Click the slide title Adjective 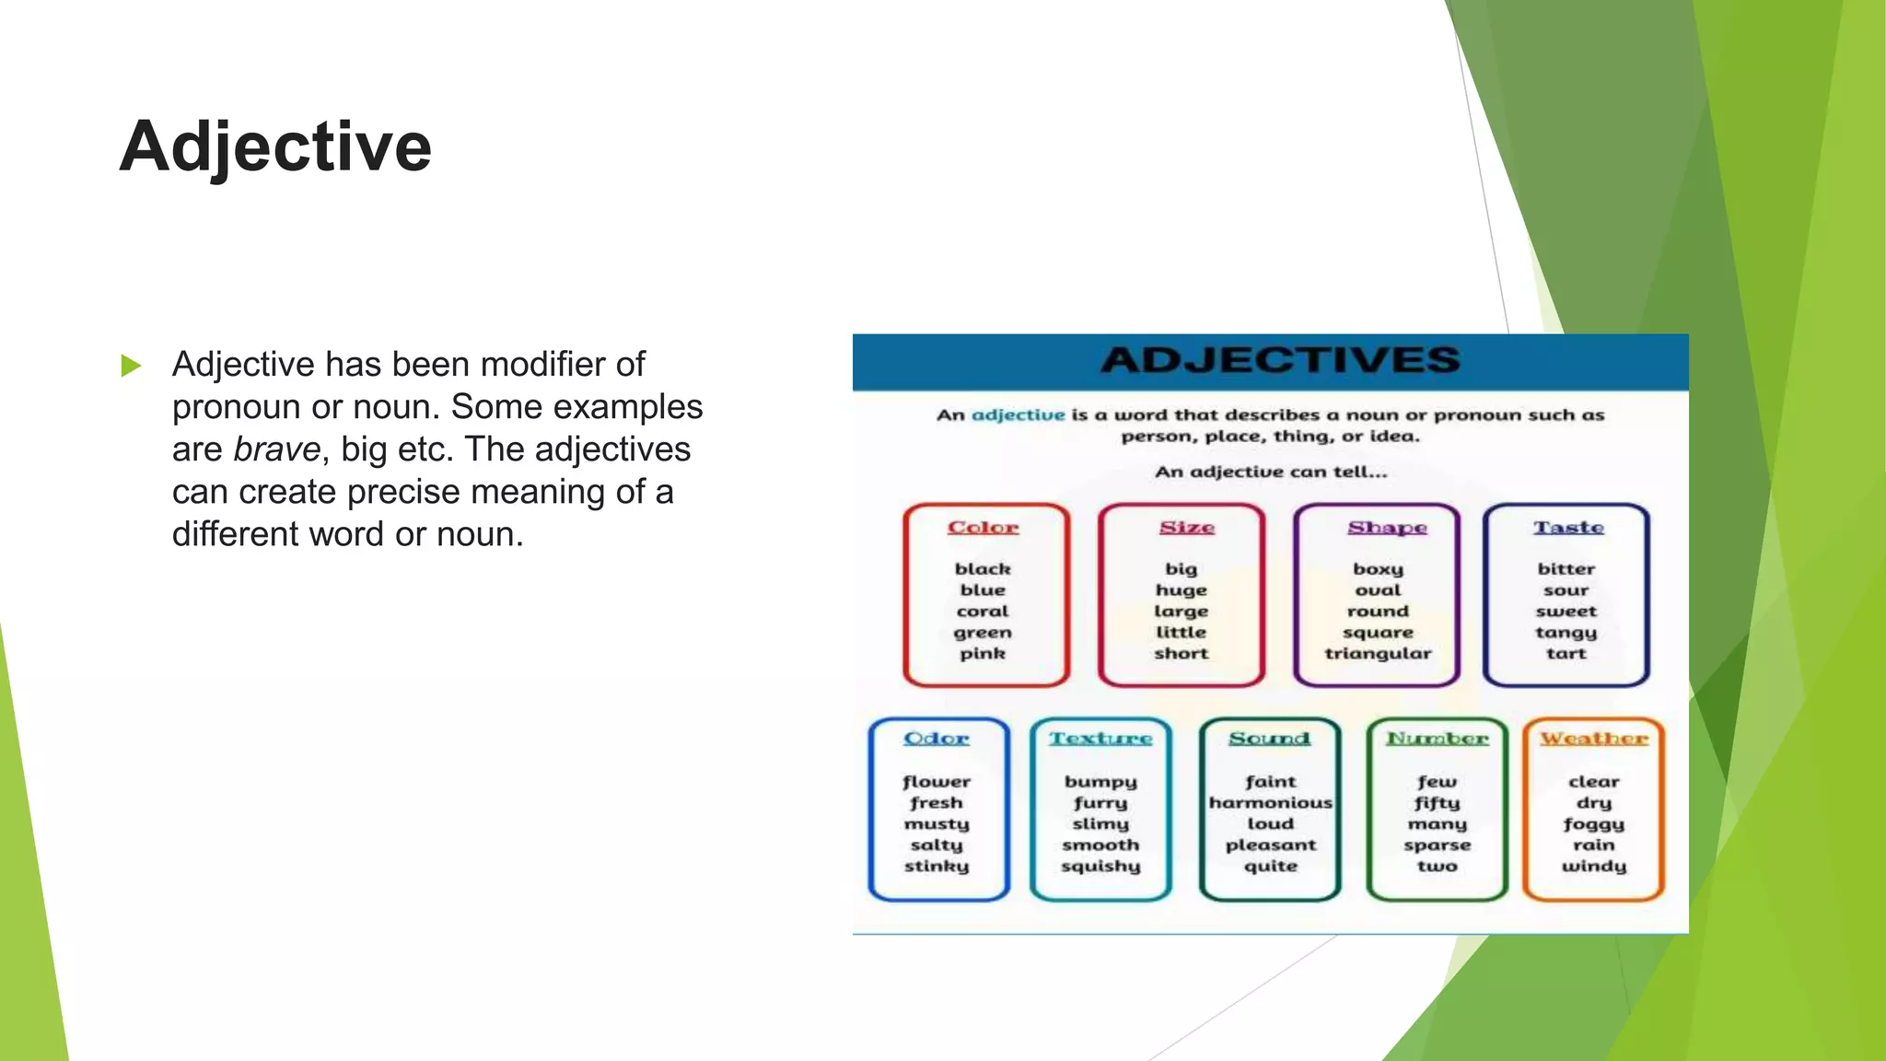pyautogui.click(x=275, y=147)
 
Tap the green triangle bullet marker pyautogui.click(x=131, y=366)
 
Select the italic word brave pyautogui.click(x=276, y=449)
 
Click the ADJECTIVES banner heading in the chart pyautogui.click(x=1280, y=360)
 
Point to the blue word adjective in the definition pyautogui.click(x=1018, y=415)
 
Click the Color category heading pyautogui.click(x=983, y=528)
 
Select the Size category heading pyautogui.click(x=1186, y=528)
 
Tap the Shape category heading pyautogui.click(x=1387, y=528)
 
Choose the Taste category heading pyautogui.click(x=1568, y=528)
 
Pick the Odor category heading pyautogui.click(x=936, y=739)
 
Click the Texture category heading pyautogui.click(x=1100, y=739)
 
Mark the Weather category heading pyautogui.click(x=1594, y=739)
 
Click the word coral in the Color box pyautogui.click(x=983, y=612)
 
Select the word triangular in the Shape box pyautogui.click(x=1378, y=654)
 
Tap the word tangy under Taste pyautogui.click(x=1566, y=633)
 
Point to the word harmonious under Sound pyautogui.click(x=1270, y=803)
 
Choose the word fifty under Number pyautogui.click(x=1437, y=803)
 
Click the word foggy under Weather pyautogui.click(x=1593, y=824)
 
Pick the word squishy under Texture pyautogui.click(x=1100, y=867)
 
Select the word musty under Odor pyautogui.click(x=936, y=824)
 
